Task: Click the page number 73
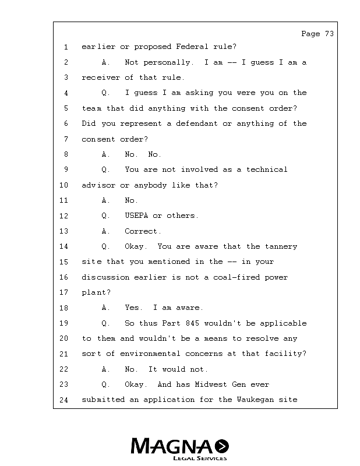tap(329, 34)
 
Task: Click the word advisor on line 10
tap(98, 185)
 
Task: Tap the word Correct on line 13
tap(143, 231)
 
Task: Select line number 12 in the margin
tap(64, 216)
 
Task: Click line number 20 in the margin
tap(64, 338)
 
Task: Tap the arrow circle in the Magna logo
tap(222, 447)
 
